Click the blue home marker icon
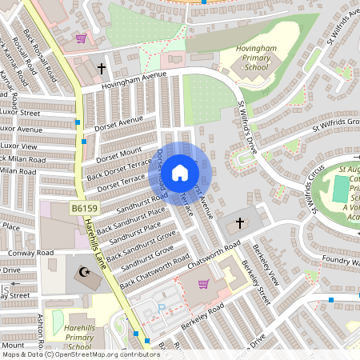[180, 172]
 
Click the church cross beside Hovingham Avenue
[102, 69]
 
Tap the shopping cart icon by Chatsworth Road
[203, 284]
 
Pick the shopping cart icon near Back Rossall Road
[80, 38]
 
